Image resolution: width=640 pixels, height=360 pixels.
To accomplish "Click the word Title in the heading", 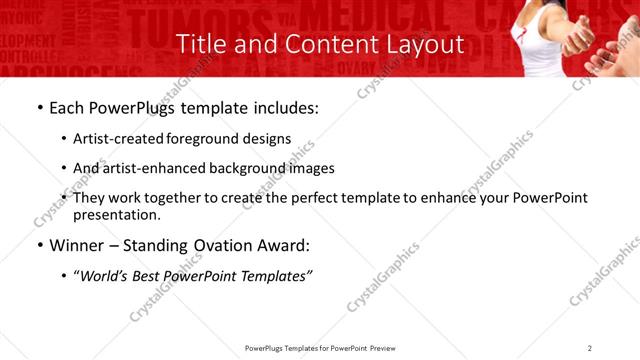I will click(x=200, y=45).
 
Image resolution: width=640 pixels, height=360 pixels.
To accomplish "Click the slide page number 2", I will click(x=590, y=347).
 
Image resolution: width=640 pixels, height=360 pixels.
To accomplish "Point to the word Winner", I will click(x=78, y=245).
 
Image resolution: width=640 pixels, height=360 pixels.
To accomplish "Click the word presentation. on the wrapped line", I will click(x=116, y=214).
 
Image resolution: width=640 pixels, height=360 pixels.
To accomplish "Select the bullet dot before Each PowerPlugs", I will click(x=38, y=109).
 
